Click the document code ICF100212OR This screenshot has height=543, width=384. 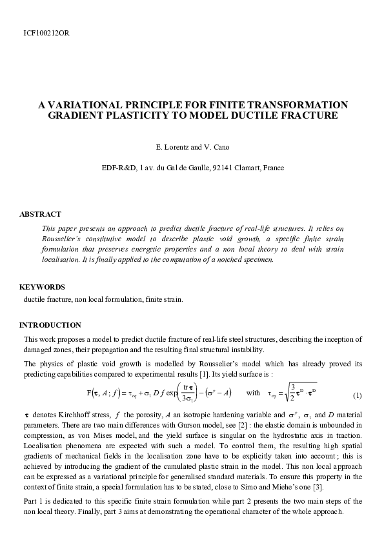tap(46, 32)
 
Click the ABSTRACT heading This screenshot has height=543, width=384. tap(40, 214)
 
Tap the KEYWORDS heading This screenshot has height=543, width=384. tap(42, 286)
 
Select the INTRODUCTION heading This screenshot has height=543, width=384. tap(50, 325)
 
